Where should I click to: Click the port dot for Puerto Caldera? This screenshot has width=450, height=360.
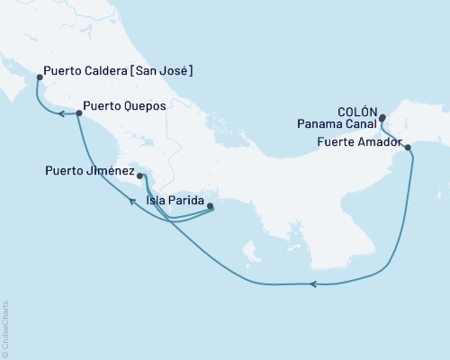40,77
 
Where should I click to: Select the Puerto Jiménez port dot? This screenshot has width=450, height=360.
139,164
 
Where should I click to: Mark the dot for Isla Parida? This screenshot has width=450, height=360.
210,206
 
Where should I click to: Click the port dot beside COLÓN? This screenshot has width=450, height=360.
382,117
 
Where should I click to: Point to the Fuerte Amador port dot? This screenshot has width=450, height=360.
408,148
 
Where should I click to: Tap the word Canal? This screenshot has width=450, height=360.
362,127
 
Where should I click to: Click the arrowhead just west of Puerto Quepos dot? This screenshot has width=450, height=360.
62,113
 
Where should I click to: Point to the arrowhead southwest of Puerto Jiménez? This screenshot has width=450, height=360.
133,202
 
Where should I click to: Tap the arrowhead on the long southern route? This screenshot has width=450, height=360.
313,284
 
